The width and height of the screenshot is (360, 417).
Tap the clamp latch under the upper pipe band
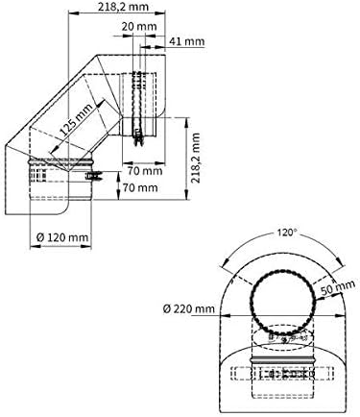pos(140,141)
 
